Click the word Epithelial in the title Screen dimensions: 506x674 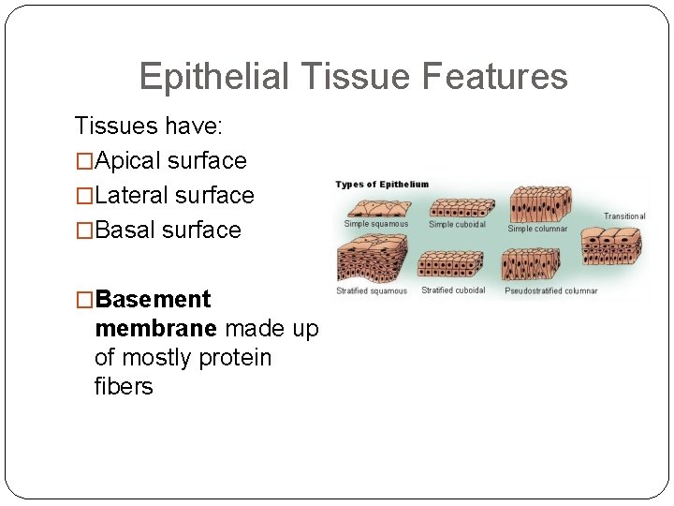[x=214, y=77]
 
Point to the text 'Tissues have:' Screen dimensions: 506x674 [x=148, y=126]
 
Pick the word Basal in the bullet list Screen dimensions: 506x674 [x=125, y=230]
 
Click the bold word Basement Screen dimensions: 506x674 [x=153, y=300]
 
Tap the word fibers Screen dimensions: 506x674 [x=124, y=386]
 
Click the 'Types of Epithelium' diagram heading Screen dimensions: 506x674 [x=382, y=185]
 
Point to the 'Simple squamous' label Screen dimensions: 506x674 [x=376, y=224]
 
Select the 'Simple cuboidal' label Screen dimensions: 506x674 [x=457, y=225]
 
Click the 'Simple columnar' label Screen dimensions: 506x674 [x=537, y=229]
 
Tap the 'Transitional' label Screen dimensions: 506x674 [x=624, y=216]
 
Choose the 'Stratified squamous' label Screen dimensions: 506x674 [x=372, y=291]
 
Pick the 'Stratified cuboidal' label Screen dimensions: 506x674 [x=453, y=290]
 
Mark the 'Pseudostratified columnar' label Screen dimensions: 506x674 [x=550, y=291]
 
